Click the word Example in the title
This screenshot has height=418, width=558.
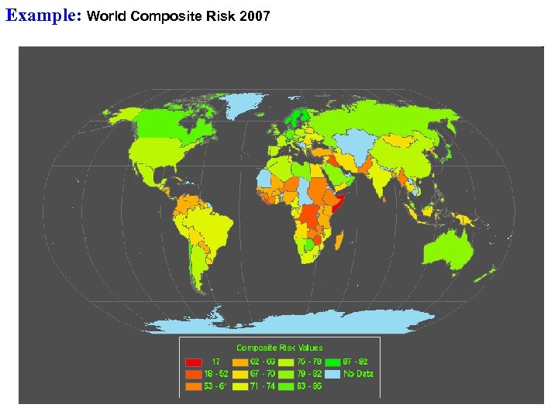[43, 15]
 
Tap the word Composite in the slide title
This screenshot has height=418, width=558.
[159, 15]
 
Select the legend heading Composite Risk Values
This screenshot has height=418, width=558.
[279, 348]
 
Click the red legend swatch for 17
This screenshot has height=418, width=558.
[194, 361]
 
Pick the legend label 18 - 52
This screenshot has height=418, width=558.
[216, 374]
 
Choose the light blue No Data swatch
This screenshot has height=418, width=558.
[332, 374]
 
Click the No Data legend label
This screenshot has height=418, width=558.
[359, 374]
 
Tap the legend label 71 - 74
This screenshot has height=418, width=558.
[263, 385]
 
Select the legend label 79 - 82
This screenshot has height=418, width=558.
[309, 374]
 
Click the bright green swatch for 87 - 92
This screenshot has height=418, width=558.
[332, 361]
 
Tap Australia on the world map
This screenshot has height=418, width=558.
[449, 247]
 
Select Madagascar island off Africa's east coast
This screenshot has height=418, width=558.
[339, 240]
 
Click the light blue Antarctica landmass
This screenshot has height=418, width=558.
[294, 321]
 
